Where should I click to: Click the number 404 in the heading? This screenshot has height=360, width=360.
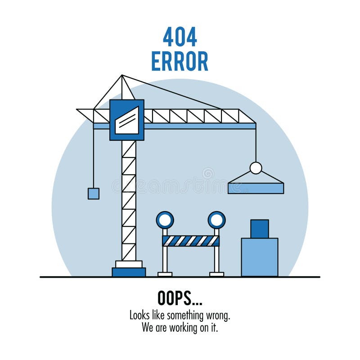pos(180,37)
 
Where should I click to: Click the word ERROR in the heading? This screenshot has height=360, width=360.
pos(180,61)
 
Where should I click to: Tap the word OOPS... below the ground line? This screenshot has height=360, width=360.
pos(180,298)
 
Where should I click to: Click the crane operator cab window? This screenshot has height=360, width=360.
pos(127,120)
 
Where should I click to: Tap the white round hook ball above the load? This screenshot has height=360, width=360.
pos(256,168)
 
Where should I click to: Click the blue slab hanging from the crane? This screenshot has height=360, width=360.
pos(256,188)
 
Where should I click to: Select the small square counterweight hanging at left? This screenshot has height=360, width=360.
pos(93,193)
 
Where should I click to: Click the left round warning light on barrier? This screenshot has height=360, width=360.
pos(165,220)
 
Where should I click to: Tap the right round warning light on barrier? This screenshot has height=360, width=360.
pos(216,220)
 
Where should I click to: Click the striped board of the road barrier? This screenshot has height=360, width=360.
pos(191,241)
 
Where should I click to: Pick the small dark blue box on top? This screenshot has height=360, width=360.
pos(259,229)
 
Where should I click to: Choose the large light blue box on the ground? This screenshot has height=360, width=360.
pos(259,257)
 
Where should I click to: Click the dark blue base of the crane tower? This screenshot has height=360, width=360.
pos(129,272)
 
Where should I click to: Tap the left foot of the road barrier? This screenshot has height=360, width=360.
pos(165,274)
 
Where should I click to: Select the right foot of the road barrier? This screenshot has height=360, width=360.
pos(216,274)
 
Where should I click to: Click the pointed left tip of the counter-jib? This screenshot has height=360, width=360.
pos(78,109)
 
